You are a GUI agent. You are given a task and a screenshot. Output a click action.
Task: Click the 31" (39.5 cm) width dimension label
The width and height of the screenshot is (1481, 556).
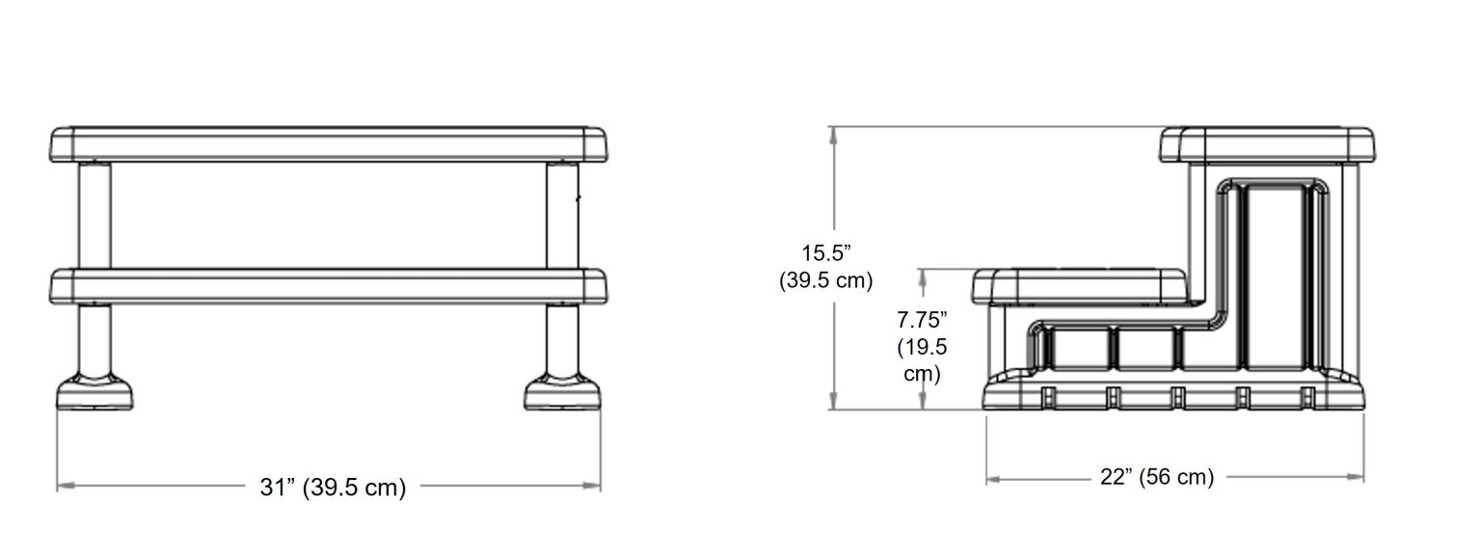[x=333, y=488]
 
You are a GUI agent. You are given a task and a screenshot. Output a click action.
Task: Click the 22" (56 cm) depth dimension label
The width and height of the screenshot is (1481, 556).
[x=1156, y=477]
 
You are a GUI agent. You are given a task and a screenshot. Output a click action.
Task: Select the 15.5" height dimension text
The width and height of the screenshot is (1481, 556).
[x=826, y=253]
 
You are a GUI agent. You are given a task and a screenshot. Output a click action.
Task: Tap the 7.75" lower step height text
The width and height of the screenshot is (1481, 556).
[x=922, y=319]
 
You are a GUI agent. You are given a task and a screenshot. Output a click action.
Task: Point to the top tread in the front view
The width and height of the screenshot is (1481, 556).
[x=329, y=144]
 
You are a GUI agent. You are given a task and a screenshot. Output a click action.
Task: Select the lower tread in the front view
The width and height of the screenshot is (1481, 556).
[x=329, y=286]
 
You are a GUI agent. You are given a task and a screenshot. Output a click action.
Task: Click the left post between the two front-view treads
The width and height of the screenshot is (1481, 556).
[x=94, y=214]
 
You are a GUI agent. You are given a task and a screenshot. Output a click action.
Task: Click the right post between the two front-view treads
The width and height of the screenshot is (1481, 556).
[x=563, y=214]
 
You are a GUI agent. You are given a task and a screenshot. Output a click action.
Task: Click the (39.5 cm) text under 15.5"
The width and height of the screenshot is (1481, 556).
[x=825, y=280]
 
